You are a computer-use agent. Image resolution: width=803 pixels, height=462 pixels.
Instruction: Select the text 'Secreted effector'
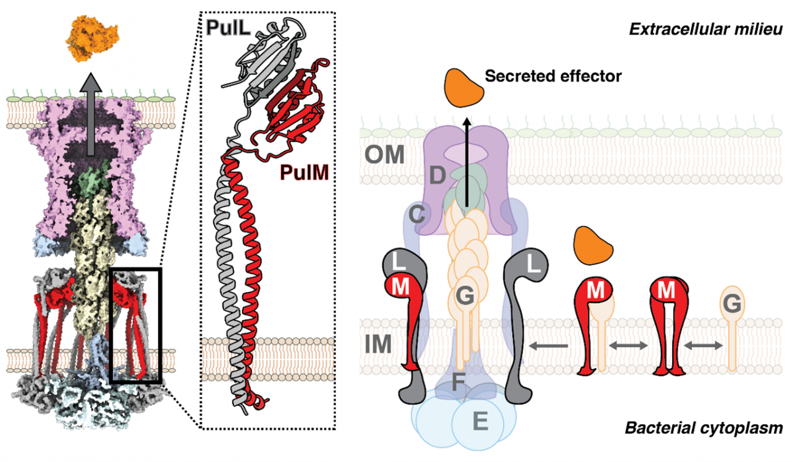coord(553,76)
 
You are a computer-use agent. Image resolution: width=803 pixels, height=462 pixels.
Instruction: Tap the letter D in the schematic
coord(438,176)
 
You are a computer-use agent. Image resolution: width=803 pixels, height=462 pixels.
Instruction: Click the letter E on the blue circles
coord(480,422)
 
